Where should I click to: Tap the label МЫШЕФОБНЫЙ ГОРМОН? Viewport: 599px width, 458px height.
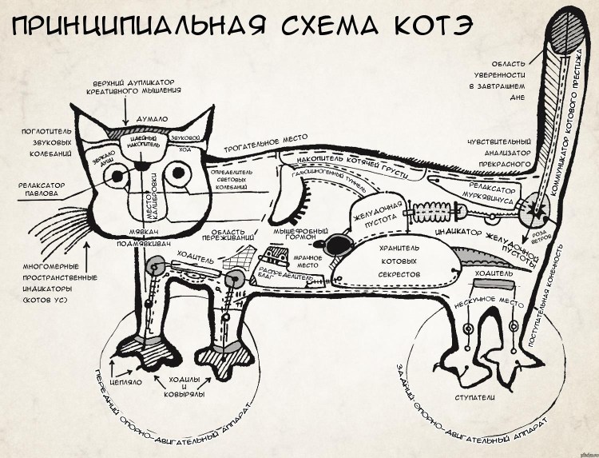click(290, 233)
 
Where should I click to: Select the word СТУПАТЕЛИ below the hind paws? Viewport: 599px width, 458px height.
click(475, 397)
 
